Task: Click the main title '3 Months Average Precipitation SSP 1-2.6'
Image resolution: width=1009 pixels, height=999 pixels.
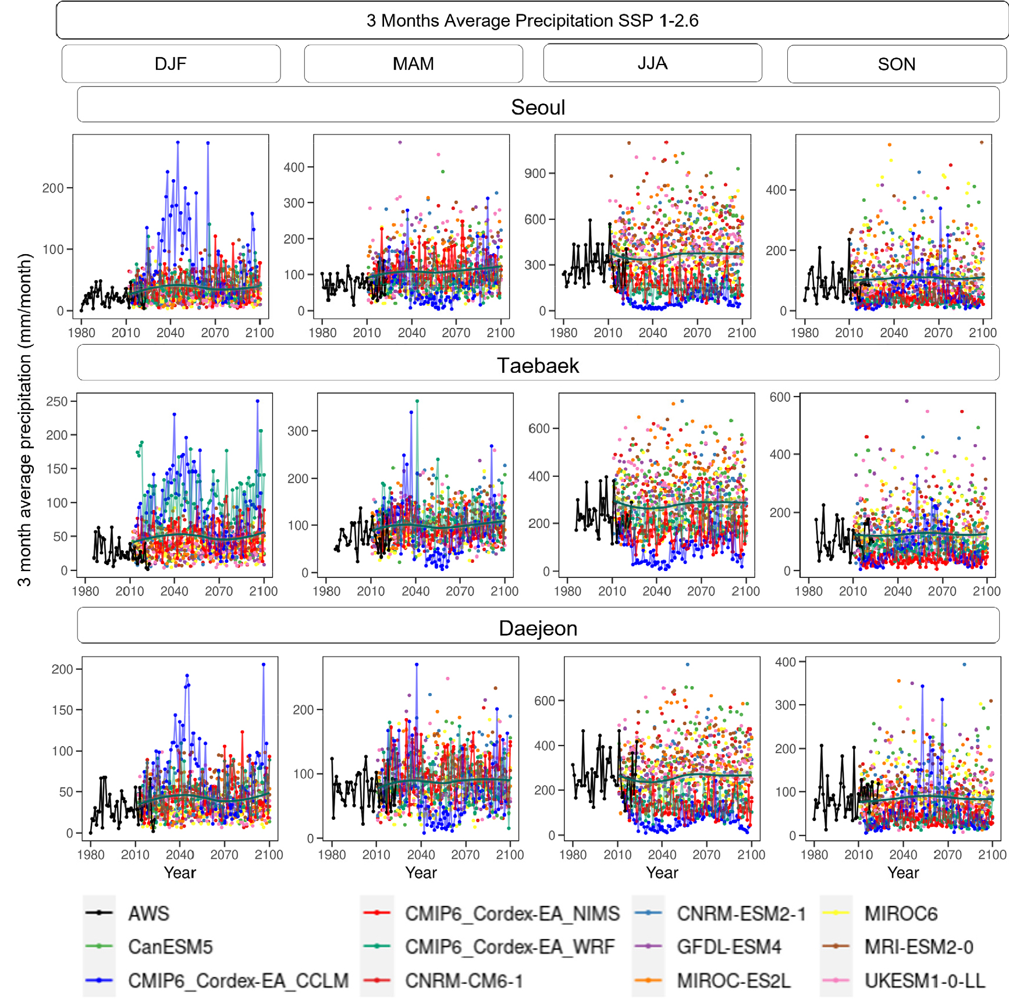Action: click(x=532, y=21)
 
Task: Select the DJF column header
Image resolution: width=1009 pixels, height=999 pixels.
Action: click(x=170, y=64)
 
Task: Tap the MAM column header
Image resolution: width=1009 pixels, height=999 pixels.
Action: click(x=413, y=64)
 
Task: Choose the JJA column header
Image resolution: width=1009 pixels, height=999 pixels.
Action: click(x=652, y=63)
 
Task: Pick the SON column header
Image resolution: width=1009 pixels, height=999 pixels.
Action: click(x=896, y=65)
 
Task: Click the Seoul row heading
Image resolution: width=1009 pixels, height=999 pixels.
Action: click(x=538, y=108)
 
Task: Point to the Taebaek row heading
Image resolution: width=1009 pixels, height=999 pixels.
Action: click(x=538, y=366)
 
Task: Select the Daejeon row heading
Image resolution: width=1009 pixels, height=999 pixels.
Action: click(x=538, y=629)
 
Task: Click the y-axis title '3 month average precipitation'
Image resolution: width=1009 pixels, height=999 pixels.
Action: click(x=24, y=419)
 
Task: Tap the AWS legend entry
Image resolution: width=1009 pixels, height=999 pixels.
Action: click(x=148, y=914)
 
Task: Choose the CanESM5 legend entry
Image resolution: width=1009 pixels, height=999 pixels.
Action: click(x=170, y=947)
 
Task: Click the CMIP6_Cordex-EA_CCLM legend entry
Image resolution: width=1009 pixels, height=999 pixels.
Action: click(x=238, y=981)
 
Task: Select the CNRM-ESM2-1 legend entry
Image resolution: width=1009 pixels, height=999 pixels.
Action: click(x=741, y=914)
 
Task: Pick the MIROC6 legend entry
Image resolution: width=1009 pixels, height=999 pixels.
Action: click(x=901, y=914)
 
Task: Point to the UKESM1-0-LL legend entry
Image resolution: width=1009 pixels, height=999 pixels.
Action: click(x=925, y=981)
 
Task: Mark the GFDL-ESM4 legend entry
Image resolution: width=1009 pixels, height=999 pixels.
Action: click(x=729, y=947)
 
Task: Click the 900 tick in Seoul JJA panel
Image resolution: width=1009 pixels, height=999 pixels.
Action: click(x=535, y=173)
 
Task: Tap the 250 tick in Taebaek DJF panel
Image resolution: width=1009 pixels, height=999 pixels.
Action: click(x=57, y=402)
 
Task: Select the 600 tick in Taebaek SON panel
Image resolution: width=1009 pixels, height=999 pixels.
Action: click(x=780, y=397)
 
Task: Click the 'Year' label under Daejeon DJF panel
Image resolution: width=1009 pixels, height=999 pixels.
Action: click(x=180, y=873)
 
